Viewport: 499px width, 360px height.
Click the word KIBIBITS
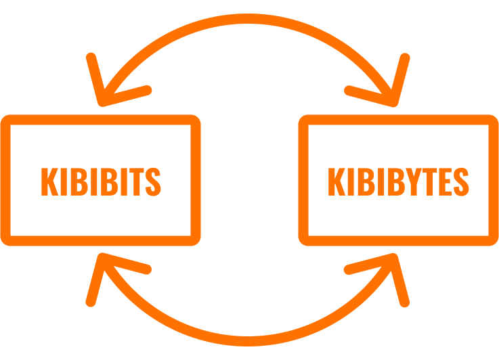point(101,181)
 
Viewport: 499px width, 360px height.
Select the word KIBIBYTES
point(398,181)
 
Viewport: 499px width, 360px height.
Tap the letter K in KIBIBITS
point(49,181)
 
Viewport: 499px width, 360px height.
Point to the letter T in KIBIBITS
point(137,181)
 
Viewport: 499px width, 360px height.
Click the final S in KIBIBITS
point(153,181)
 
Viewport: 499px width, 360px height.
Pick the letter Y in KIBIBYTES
point(414,181)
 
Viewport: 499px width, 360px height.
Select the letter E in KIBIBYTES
point(446,181)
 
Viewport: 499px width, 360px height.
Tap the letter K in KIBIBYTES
point(337,181)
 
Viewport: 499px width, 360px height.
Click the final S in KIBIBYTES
point(461,181)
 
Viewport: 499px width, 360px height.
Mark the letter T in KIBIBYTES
point(430,181)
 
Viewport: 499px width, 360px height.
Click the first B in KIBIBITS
point(79,181)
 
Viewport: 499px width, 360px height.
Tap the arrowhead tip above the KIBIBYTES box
point(394,104)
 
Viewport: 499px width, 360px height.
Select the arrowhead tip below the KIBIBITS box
point(102,256)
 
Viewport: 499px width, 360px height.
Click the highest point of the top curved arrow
point(248,18)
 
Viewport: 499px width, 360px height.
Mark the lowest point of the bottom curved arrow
point(248,341)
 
